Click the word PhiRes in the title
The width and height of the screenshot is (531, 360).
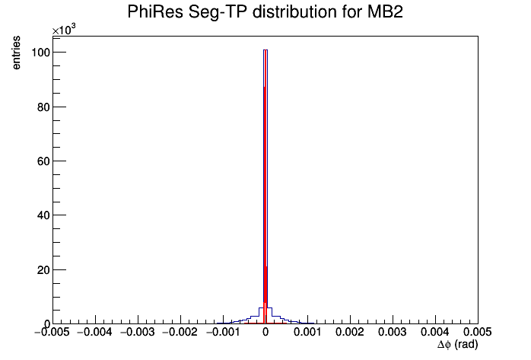pos(154,12)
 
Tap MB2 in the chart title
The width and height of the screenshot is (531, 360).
pos(385,12)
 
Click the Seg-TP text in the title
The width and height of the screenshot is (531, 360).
pos(218,12)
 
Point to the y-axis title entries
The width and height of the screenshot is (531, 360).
pos(16,53)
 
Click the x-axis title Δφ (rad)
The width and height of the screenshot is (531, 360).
pos(457,345)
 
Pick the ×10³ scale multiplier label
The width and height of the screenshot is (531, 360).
pos(64,30)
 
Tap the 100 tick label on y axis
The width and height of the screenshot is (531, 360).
pos(40,53)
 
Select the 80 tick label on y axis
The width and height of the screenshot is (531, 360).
pos(43,107)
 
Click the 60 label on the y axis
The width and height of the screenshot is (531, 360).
pos(43,161)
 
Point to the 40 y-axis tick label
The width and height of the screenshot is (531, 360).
pos(43,215)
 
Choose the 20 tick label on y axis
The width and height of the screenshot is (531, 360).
pos(43,270)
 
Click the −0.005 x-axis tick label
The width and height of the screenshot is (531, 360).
pos(52,333)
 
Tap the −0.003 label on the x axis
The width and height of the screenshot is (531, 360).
pos(137,333)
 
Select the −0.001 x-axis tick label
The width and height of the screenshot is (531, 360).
pos(222,333)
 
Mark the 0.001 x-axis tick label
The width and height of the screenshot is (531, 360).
pos(307,333)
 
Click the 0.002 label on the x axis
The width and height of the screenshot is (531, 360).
pos(350,333)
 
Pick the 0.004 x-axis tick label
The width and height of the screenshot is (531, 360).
pos(435,333)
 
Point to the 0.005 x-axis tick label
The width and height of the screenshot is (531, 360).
pos(478,333)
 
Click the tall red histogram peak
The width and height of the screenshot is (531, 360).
pos(265,186)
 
